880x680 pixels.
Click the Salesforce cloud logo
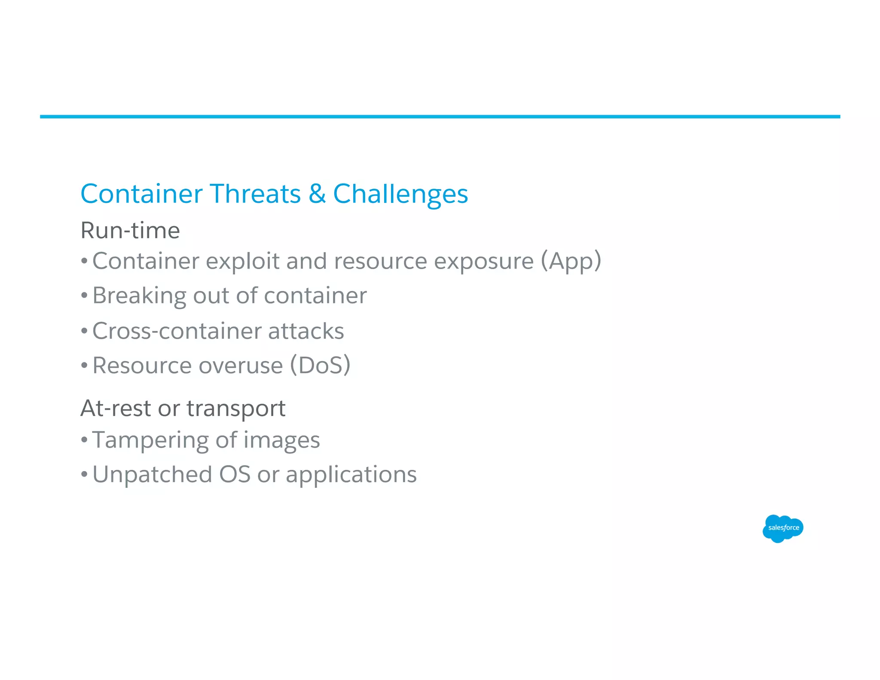[x=782, y=528]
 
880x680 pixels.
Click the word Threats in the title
[x=255, y=194]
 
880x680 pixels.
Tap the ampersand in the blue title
[x=317, y=194]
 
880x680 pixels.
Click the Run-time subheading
[x=130, y=230]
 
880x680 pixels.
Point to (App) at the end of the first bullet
[x=571, y=261]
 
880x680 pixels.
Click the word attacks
[x=306, y=331]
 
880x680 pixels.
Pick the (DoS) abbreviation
[x=320, y=366]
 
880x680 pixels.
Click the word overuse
[x=241, y=366]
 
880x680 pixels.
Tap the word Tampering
[x=150, y=441]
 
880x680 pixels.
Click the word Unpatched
[x=152, y=475]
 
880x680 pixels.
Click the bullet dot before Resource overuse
[x=84, y=366]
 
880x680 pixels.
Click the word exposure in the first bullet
[x=483, y=261]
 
